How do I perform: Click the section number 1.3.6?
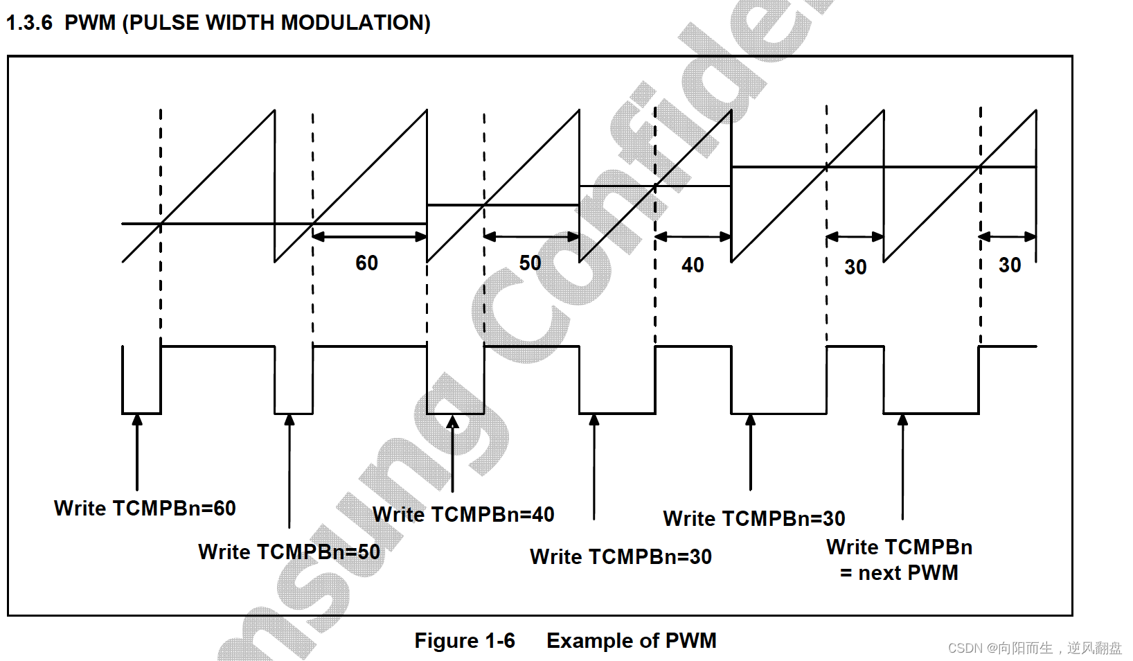[x=29, y=23]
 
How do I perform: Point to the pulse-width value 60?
[x=366, y=263]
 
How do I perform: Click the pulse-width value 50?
[x=530, y=263]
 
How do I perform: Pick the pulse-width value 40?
[x=693, y=265]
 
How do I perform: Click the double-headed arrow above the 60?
[x=370, y=236]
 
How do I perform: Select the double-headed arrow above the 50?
[x=531, y=236]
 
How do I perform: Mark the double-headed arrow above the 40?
[x=693, y=236]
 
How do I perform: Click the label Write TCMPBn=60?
[x=145, y=509]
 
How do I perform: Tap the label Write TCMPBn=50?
[x=289, y=552]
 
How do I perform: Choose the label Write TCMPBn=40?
[x=463, y=515]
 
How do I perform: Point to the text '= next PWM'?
[x=899, y=573]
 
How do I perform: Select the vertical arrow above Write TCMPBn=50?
[x=289, y=471]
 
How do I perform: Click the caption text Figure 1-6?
[x=464, y=641]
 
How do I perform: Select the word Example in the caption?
[x=588, y=641]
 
